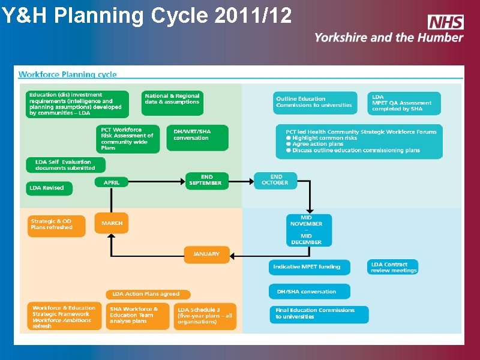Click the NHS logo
445,22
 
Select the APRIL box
112,182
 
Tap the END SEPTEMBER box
206,180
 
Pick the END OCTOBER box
275,180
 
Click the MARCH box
112,223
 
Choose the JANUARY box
206,254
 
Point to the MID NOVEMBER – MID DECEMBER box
307,230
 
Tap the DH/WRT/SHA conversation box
197,137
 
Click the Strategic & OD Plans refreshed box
55,225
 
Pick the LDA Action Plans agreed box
148,294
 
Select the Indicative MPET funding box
308,267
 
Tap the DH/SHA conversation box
308,292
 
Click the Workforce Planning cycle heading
68,75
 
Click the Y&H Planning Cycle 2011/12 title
146,15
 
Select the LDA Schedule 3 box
206,316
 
